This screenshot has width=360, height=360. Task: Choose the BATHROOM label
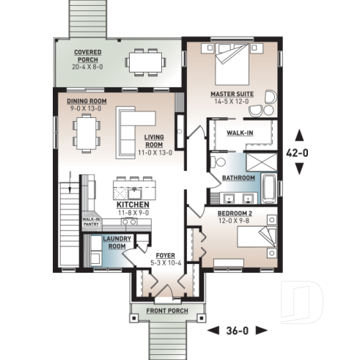pos(238,178)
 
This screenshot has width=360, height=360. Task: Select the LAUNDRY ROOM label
pos(117,243)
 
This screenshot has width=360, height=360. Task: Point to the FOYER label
pos(165,257)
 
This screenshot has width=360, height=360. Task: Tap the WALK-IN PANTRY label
pos(91,221)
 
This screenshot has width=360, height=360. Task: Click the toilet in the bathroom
pos(216,161)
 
